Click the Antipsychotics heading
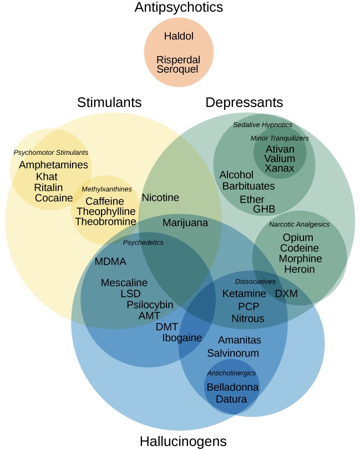click(179, 8)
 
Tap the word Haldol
click(179, 37)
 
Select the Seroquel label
click(178, 69)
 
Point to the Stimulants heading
click(109, 103)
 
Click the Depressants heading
click(244, 103)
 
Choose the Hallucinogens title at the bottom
click(183, 442)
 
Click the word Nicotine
click(160, 198)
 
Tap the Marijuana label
click(185, 223)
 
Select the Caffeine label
click(105, 201)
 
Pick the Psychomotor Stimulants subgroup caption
click(51, 152)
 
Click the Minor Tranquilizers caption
click(280, 138)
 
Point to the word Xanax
click(280, 168)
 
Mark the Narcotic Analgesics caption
click(299, 225)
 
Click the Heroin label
click(299, 269)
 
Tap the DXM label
click(287, 294)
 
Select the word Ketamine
click(244, 294)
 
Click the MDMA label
click(110, 262)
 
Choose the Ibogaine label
click(182, 337)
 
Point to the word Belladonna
click(232, 387)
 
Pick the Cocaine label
click(54, 198)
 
